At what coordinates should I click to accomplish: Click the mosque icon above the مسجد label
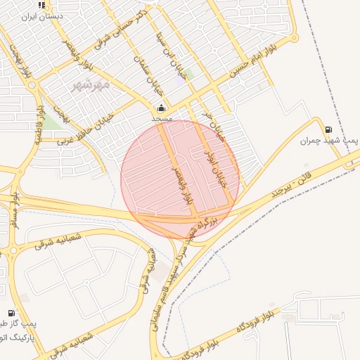coord(162,108)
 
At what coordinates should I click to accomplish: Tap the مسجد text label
coord(162,120)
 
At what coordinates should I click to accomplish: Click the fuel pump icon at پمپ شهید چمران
coord(328,129)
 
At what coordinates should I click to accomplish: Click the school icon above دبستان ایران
coord(42,5)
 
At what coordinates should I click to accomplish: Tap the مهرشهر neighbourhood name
coord(91,84)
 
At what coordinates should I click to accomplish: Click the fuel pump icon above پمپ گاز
coord(11,314)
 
